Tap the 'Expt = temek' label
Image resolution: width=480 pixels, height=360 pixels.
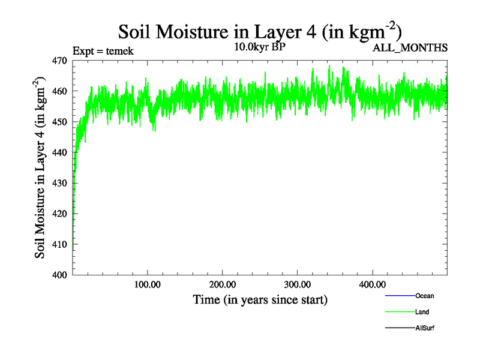pyautogui.click(x=103, y=50)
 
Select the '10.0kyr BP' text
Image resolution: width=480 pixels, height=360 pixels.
pyautogui.click(x=260, y=47)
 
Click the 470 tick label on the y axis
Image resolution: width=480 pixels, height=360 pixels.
pyautogui.click(x=59, y=61)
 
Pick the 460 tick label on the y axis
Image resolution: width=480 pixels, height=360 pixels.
pyautogui.click(x=59, y=91)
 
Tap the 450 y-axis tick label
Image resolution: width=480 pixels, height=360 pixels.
pyautogui.click(x=59, y=122)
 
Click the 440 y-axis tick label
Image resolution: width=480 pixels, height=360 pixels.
pyautogui.click(x=59, y=152)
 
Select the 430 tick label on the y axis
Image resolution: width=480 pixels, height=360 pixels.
pyautogui.click(x=59, y=183)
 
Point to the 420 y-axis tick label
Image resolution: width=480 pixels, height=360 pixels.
pyautogui.click(x=59, y=214)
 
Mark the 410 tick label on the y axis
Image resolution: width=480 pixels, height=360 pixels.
pyautogui.click(x=59, y=244)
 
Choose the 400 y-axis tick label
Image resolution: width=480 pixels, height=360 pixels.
pyautogui.click(x=59, y=275)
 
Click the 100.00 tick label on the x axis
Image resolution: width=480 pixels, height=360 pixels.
pyautogui.click(x=148, y=284)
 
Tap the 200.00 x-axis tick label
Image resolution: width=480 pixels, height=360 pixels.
pyautogui.click(x=223, y=284)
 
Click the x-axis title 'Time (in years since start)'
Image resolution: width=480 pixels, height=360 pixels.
pyautogui.click(x=260, y=299)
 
